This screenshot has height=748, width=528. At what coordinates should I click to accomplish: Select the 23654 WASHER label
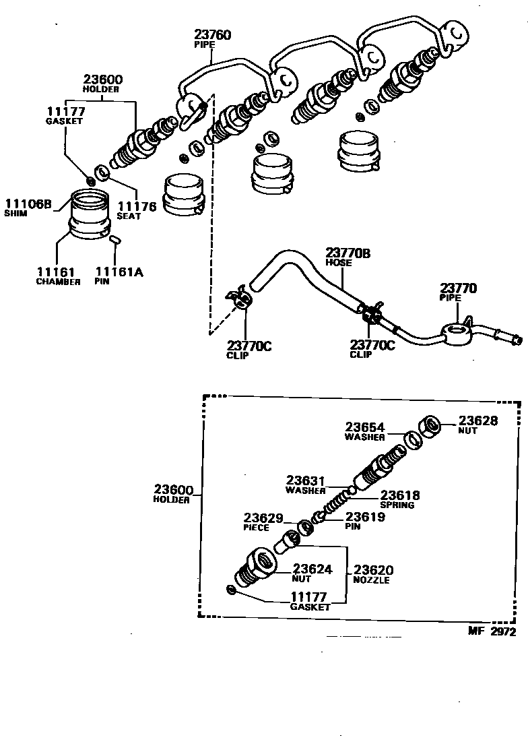(365, 431)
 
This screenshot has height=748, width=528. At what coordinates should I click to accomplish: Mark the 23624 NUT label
(312, 573)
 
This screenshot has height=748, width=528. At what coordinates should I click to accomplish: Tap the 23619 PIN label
(364, 521)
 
